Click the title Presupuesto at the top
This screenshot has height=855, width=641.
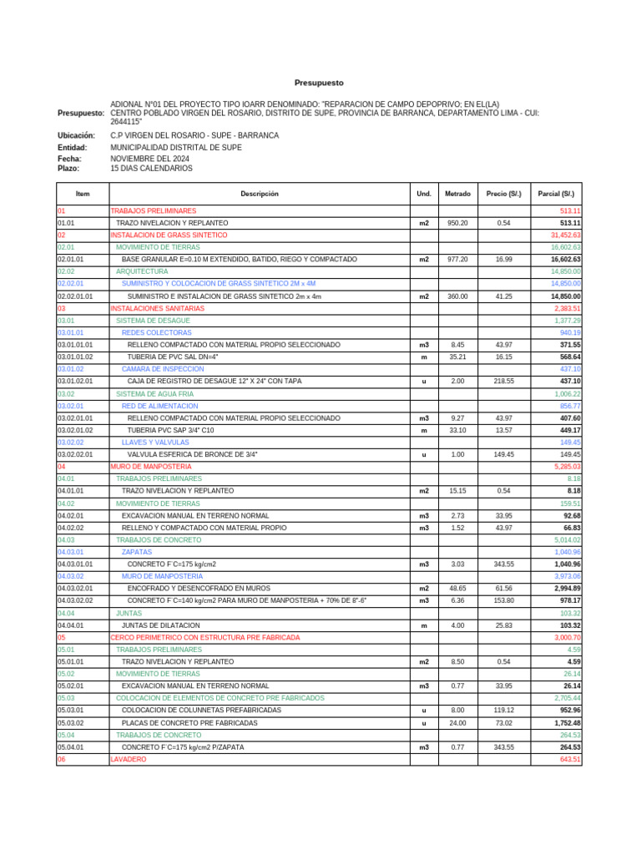[x=318, y=83]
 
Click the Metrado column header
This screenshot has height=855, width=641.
[x=457, y=194]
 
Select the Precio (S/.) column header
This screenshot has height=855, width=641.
[x=503, y=194]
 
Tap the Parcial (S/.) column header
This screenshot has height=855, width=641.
[x=556, y=194]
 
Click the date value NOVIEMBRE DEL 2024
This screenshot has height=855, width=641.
[x=149, y=159]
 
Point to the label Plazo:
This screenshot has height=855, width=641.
[x=68, y=169]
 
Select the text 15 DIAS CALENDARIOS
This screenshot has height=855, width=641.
[x=151, y=169]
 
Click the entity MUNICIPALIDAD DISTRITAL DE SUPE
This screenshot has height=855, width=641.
[x=176, y=148]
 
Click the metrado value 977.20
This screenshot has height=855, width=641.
[x=457, y=260]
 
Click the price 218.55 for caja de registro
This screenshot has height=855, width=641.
[x=503, y=381]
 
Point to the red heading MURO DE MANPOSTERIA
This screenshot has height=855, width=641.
[x=151, y=466]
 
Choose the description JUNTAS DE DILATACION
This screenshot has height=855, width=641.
[x=160, y=625]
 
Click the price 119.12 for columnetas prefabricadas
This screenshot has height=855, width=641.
[x=503, y=711]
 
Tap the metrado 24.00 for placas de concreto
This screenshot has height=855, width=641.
[x=457, y=723]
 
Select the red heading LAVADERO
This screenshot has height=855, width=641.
[x=128, y=760]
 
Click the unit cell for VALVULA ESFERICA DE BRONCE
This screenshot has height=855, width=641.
[x=424, y=455]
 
